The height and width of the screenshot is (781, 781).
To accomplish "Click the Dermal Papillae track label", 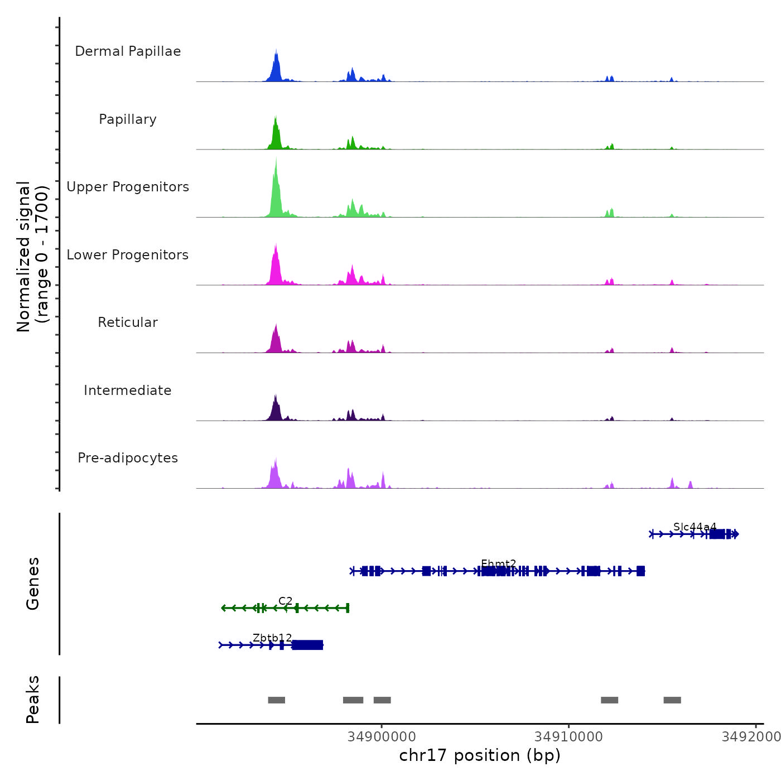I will tap(128, 51).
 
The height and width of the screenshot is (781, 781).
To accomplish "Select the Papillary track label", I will tap(128, 119).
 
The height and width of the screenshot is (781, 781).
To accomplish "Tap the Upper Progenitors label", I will tap(128, 187).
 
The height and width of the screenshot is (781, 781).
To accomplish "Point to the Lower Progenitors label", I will tap(128, 255).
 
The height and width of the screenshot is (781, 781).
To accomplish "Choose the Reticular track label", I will tap(128, 322).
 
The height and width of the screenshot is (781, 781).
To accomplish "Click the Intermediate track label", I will tap(128, 390).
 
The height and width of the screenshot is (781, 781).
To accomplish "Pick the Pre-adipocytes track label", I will tap(128, 458).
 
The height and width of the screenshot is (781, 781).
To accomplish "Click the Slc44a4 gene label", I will tap(695, 527).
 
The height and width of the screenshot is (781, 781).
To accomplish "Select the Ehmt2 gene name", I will tap(498, 563).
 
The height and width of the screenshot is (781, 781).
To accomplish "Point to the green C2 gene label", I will tap(285, 601).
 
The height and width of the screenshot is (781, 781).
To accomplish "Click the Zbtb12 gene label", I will tap(272, 638).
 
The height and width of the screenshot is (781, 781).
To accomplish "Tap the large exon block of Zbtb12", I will tap(307, 645).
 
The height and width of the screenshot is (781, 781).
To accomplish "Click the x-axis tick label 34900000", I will tap(382, 737).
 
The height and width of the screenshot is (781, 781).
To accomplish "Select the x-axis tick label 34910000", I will tap(568, 737).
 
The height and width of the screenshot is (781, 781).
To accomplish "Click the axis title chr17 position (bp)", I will tap(480, 755).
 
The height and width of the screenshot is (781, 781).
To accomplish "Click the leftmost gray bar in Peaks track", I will tap(276, 700).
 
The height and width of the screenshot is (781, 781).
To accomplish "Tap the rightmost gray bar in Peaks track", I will tap(672, 700).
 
